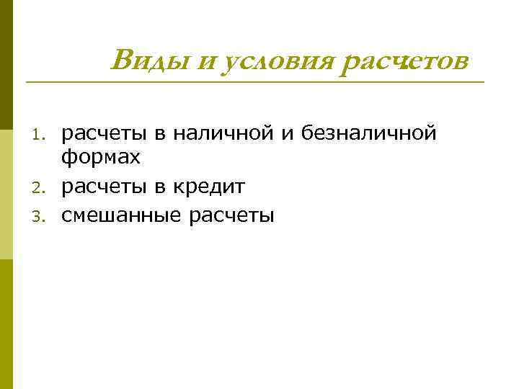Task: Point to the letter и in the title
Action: pyautogui.click(x=205, y=62)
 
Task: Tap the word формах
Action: pyautogui.click(x=100, y=157)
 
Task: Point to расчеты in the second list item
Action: pyautogui.click(x=102, y=188)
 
